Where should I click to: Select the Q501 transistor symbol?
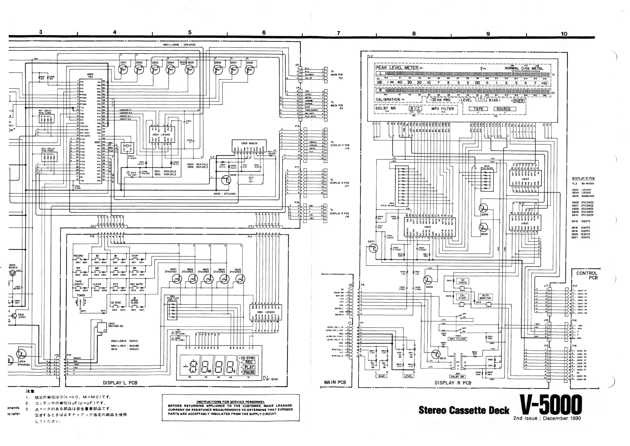[124, 70]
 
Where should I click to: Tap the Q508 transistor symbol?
[250, 70]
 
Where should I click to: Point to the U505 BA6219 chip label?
[249, 143]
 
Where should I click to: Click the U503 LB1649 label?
[161, 135]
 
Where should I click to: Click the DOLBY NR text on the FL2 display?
[386, 108]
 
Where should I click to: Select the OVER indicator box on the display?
[518, 101]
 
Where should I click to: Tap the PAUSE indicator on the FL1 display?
[249, 372]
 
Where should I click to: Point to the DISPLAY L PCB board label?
[120, 382]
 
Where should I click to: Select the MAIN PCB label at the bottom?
[335, 382]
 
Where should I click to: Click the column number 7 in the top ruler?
[339, 33]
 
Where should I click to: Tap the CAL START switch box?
[463, 297]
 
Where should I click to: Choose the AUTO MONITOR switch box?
[485, 297]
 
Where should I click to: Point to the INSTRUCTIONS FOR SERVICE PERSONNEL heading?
[230, 402]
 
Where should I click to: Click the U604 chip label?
[525, 179]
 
